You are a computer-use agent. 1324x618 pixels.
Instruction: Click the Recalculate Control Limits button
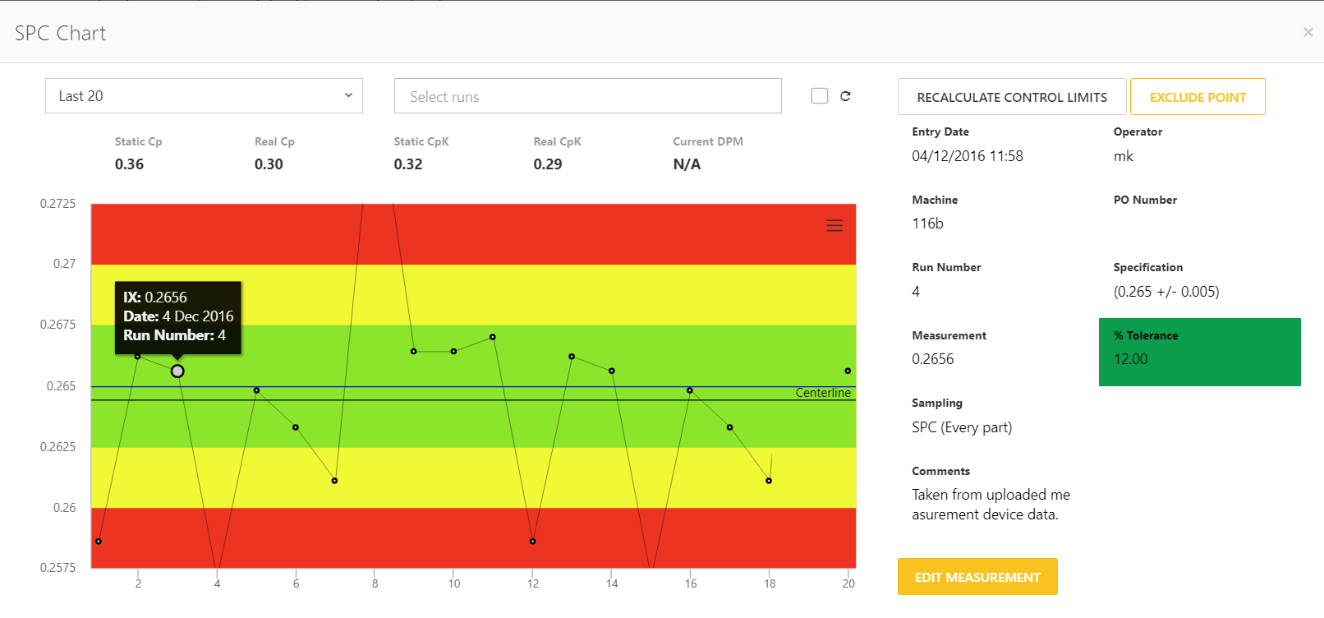1012,97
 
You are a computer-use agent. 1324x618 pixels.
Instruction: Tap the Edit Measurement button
977,577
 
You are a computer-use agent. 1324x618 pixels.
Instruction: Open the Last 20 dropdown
204,96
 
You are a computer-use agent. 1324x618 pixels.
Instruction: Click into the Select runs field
587,96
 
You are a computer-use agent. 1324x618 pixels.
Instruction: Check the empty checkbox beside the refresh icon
820,96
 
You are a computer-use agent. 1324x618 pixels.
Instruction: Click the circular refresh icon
845,96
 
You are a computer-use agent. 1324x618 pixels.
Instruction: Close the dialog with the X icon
1308,32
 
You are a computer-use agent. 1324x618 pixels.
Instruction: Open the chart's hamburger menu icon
834,225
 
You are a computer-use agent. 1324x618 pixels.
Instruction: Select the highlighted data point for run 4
177,371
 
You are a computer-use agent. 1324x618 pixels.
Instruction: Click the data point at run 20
848,371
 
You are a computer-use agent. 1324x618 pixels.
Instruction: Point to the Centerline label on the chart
823,393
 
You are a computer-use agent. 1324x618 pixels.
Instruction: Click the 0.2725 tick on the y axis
57,204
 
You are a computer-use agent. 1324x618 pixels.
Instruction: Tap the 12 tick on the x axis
533,583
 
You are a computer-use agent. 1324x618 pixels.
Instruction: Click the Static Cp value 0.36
130,164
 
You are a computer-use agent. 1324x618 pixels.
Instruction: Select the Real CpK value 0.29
548,164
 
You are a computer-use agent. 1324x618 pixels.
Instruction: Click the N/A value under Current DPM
687,164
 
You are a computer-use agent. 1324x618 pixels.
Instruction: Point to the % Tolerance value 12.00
1131,359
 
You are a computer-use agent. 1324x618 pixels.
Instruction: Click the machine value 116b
928,224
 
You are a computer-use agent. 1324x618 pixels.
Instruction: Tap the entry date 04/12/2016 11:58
968,156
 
